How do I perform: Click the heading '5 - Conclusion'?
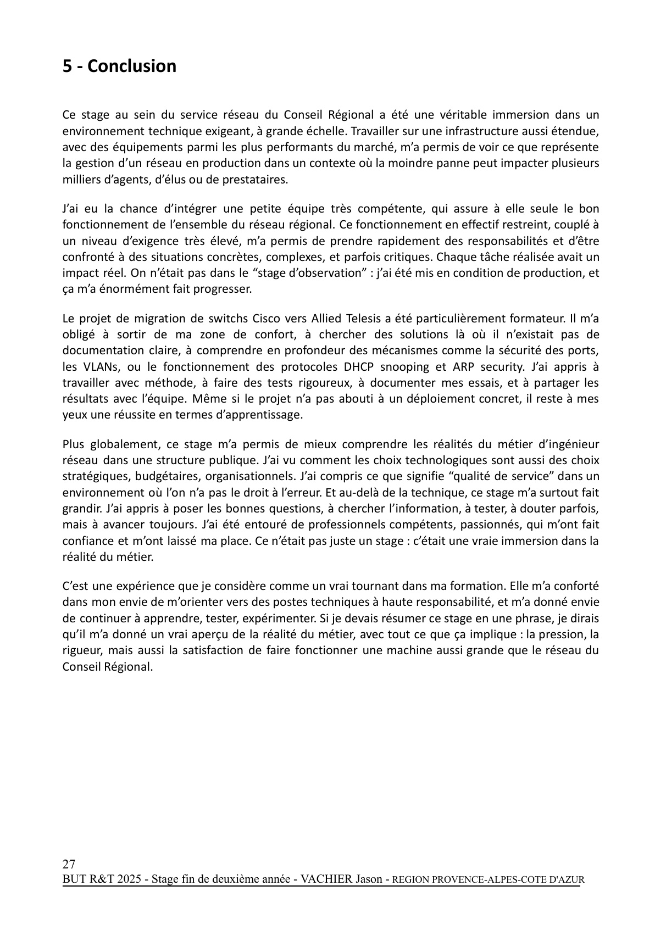pos(119,66)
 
